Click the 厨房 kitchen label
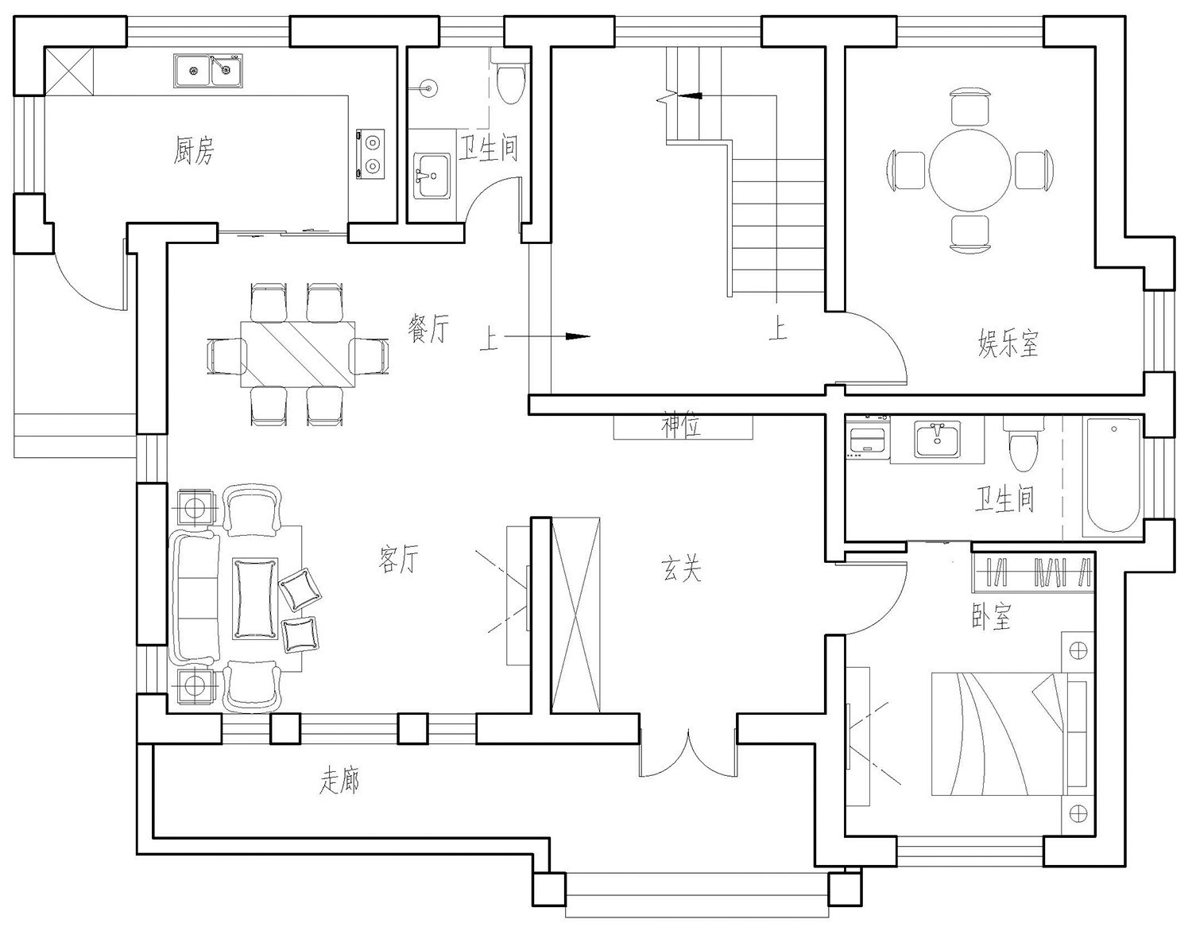(x=194, y=150)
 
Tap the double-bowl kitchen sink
(x=208, y=71)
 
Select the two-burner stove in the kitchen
(x=370, y=153)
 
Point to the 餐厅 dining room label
(x=428, y=328)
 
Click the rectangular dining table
(x=298, y=355)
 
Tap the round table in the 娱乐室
(x=969, y=170)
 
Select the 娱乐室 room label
(x=1008, y=343)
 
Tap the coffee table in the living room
(x=254, y=599)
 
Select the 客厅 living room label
(x=399, y=559)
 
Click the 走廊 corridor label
(x=339, y=781)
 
